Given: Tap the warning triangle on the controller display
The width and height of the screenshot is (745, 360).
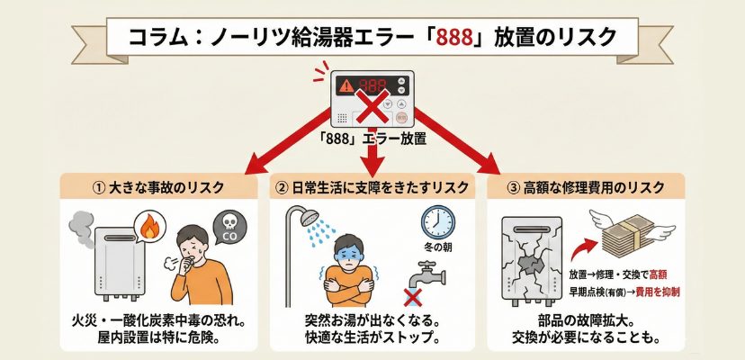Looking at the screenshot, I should coord(345,86).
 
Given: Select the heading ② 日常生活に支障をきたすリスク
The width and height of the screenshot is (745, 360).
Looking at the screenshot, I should coord(372,189).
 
